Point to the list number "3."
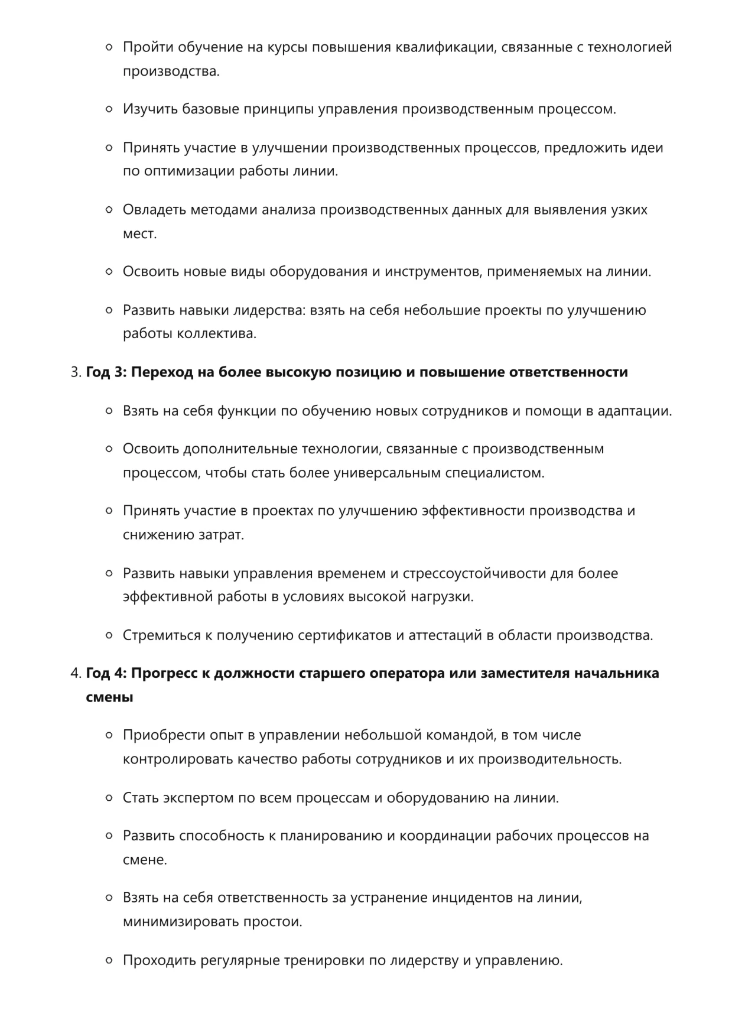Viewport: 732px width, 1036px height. click(76, 372)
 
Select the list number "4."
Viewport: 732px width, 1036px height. click(76, 673)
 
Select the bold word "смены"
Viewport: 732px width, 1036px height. click(109, 697)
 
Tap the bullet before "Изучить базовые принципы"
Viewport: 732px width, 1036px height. click(109, 109)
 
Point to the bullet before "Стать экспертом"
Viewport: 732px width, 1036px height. click(109, 798)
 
